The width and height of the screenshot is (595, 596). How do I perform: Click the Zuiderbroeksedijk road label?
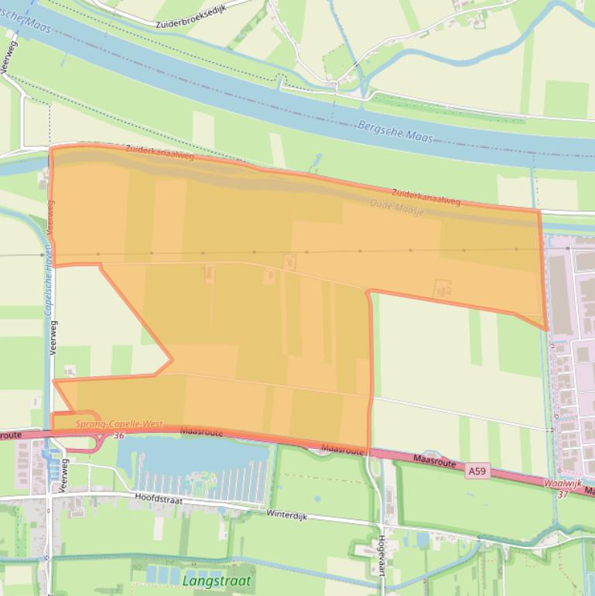coord(194,15)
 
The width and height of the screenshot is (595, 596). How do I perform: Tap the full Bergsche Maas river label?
coord(395,131)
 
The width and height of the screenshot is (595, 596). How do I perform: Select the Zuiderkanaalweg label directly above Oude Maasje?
coord(426,197)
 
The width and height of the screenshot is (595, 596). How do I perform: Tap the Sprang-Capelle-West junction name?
coord(119,424)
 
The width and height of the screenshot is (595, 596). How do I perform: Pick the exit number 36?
coord(118,436)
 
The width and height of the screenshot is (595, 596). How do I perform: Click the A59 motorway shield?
coord(477,471)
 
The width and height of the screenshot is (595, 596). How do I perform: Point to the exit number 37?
coord(563,494)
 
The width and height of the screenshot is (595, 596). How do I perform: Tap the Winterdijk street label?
coord(287,513)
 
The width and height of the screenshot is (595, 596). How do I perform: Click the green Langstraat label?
coord(217,580)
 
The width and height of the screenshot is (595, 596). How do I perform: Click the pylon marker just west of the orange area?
coord(43,255)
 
